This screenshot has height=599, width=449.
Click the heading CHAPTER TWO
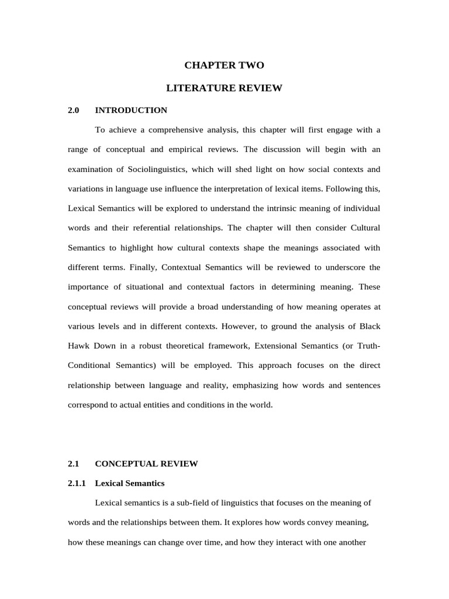pyautogui.click(x=224, y=65)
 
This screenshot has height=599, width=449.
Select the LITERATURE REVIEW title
pyautogui.click(x=224, y=88)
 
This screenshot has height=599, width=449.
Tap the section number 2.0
pyautogui.click(x=73, y=110)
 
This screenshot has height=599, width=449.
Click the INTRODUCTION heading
pyautogui.click(x=131, y=110)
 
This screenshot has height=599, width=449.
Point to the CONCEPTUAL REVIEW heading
pyautogui.click(x=146, y=464)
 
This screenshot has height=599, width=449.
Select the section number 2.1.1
pyautogui.click(x=77, y=483)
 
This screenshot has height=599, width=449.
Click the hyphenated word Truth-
pyautogui.click(x=367, y=346)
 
